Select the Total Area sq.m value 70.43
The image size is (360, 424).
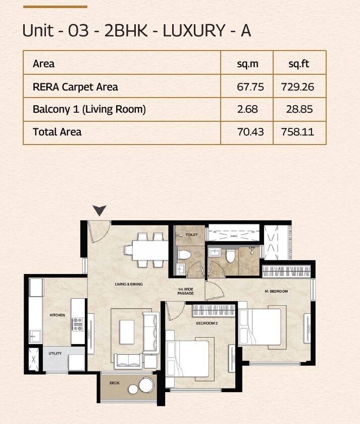(250, 132)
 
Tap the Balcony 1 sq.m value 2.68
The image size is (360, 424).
(250, 109)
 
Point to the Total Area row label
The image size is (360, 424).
(57, 132)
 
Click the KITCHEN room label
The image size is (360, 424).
(57, 315)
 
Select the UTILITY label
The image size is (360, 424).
(55, 353)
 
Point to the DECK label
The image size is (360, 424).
(115, 383)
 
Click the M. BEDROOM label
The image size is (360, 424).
(276, 292)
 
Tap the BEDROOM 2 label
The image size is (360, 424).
(207, 323)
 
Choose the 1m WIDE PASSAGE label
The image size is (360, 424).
(185, 292)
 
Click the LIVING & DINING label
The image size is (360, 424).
(129, 285)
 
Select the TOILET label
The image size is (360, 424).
(191, 235)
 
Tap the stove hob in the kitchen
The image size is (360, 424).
(78, 323)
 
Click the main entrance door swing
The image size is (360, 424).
(98, 231)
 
